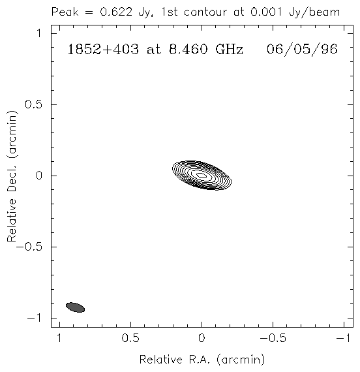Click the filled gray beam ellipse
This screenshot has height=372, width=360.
(x=75, y=307)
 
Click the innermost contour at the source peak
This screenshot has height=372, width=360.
(x=202, y=176)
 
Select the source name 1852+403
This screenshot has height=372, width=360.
(x=103, y=50)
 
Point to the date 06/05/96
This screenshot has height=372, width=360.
(x=302, y=50)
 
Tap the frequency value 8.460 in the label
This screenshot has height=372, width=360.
(x=188, y=50)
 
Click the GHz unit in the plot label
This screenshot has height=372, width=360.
(x=230, y=50)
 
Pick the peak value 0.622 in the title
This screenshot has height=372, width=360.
(x=116, y=12)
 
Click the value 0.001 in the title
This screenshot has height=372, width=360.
(x=266, y=12)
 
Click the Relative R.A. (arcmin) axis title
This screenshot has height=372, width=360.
(x=202, y=360)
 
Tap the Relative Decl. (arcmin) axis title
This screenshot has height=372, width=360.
(x=12, y=176)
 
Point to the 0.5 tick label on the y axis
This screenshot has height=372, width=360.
(x=34, y=104)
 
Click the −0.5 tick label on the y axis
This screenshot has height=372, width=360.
(x=29, y=247)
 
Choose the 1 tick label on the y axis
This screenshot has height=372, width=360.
(x=39, y=33)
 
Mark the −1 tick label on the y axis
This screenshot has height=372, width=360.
(x=35, y=318)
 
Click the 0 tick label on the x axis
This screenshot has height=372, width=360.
(x=202, y=338)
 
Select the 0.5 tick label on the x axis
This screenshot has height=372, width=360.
(x=130, y=338)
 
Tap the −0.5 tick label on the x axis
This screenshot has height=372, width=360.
(x=273, y=338)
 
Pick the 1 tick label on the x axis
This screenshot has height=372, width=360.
(x=59, y=338)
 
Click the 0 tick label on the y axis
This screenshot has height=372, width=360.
(x=39, y=176)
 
